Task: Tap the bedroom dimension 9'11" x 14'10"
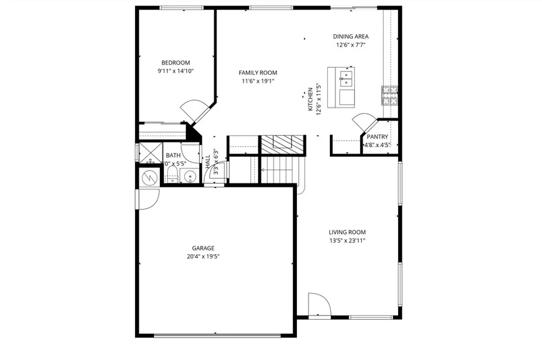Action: click(x=176, y=71)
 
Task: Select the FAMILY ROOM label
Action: click(x=258, y=73)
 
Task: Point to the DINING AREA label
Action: click(x=350, y=37)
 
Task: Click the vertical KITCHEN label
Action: click(x=311, y=100)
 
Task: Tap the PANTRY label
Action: click(x=377, y=137)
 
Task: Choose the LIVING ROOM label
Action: click(x=347, y=232)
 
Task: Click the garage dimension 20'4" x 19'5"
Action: click(x=203, y=256)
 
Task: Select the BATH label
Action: click(x=173, y=156)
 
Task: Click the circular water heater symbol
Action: click(x=150, y=177)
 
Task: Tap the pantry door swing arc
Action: click(x=364, y=122)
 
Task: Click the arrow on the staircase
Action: click(x=263, y=170)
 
